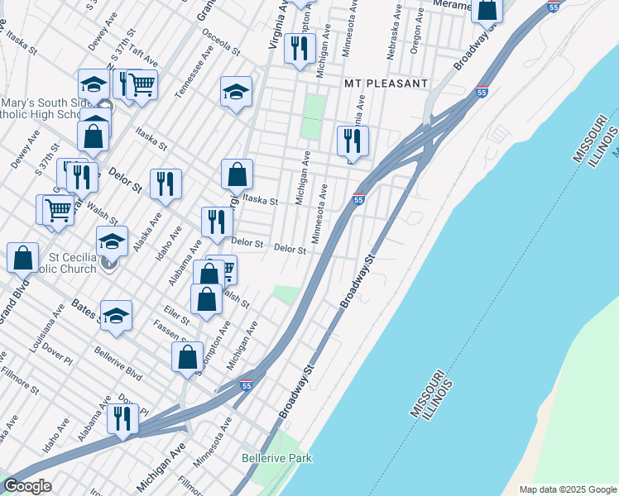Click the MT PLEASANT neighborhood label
coord(386,83)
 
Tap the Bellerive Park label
coord(276,457)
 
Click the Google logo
coord(26,486)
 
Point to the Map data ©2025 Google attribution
coord(568,489)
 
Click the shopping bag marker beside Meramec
coord(487,9)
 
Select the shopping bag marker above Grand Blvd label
coord(23,257)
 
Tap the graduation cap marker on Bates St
coord(117,315)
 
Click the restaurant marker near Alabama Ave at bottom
coord(122,418)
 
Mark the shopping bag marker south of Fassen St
coord(188,357)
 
